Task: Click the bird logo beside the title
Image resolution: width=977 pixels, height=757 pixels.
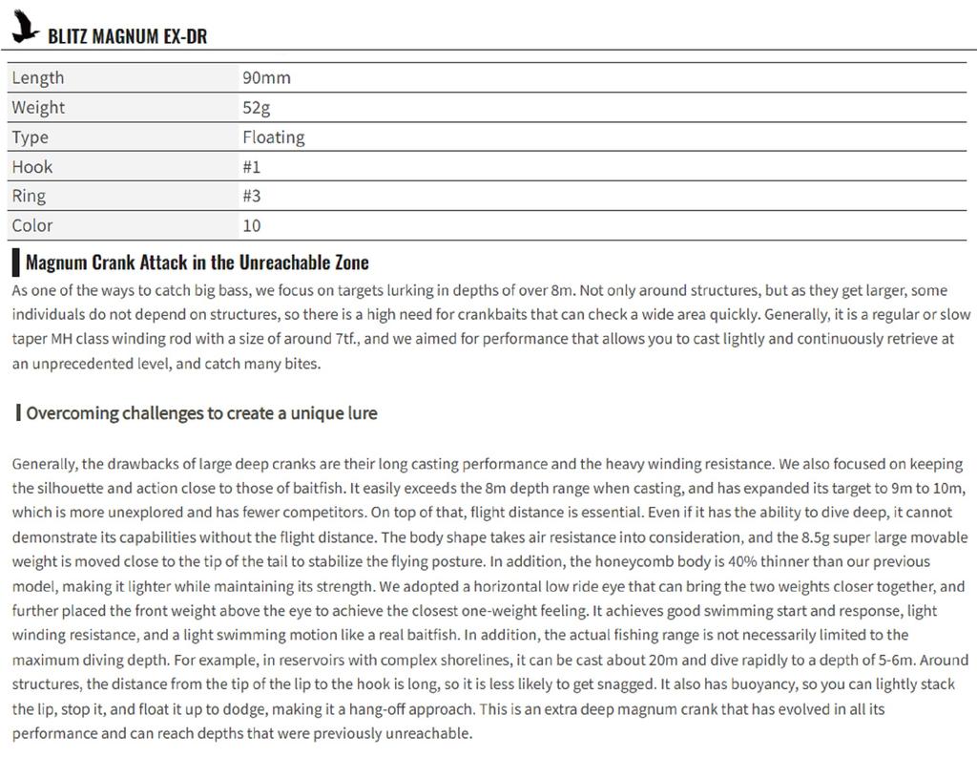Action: click(25, 26)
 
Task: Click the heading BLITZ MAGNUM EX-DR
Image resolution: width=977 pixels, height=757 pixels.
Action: click(127, 36)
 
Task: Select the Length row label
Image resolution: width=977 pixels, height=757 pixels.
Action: click(38, 77)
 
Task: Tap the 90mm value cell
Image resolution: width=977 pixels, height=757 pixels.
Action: click(266, 77)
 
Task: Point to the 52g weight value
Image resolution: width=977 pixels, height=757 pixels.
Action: click(256, 107)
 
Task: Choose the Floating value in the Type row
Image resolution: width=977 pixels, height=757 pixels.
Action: click(273, 137)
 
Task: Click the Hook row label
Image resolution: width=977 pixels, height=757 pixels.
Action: click(32, 166)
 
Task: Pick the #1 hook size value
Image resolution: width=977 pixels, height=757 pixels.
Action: click(251, 166)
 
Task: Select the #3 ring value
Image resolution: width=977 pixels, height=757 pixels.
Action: click(251, 196)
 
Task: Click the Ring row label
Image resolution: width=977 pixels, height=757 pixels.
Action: click(29, 196)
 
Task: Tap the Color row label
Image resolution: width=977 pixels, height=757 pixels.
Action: click(32, 225)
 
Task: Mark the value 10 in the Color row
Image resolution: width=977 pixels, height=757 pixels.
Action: click(251, 225)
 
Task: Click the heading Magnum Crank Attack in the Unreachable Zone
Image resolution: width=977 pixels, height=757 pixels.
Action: click(197, 263)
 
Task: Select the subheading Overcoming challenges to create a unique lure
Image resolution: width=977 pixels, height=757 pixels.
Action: click(201, 413)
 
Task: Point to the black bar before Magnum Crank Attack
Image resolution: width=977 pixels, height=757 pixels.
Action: click(15, 263)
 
